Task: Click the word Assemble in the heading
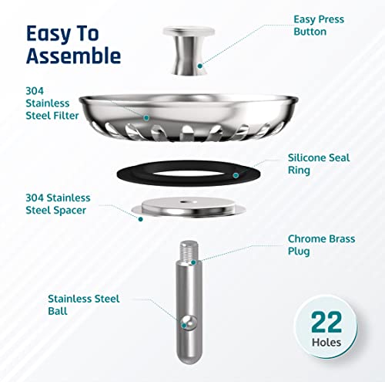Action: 73,56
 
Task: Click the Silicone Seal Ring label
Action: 318,162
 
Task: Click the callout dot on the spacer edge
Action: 140,218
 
